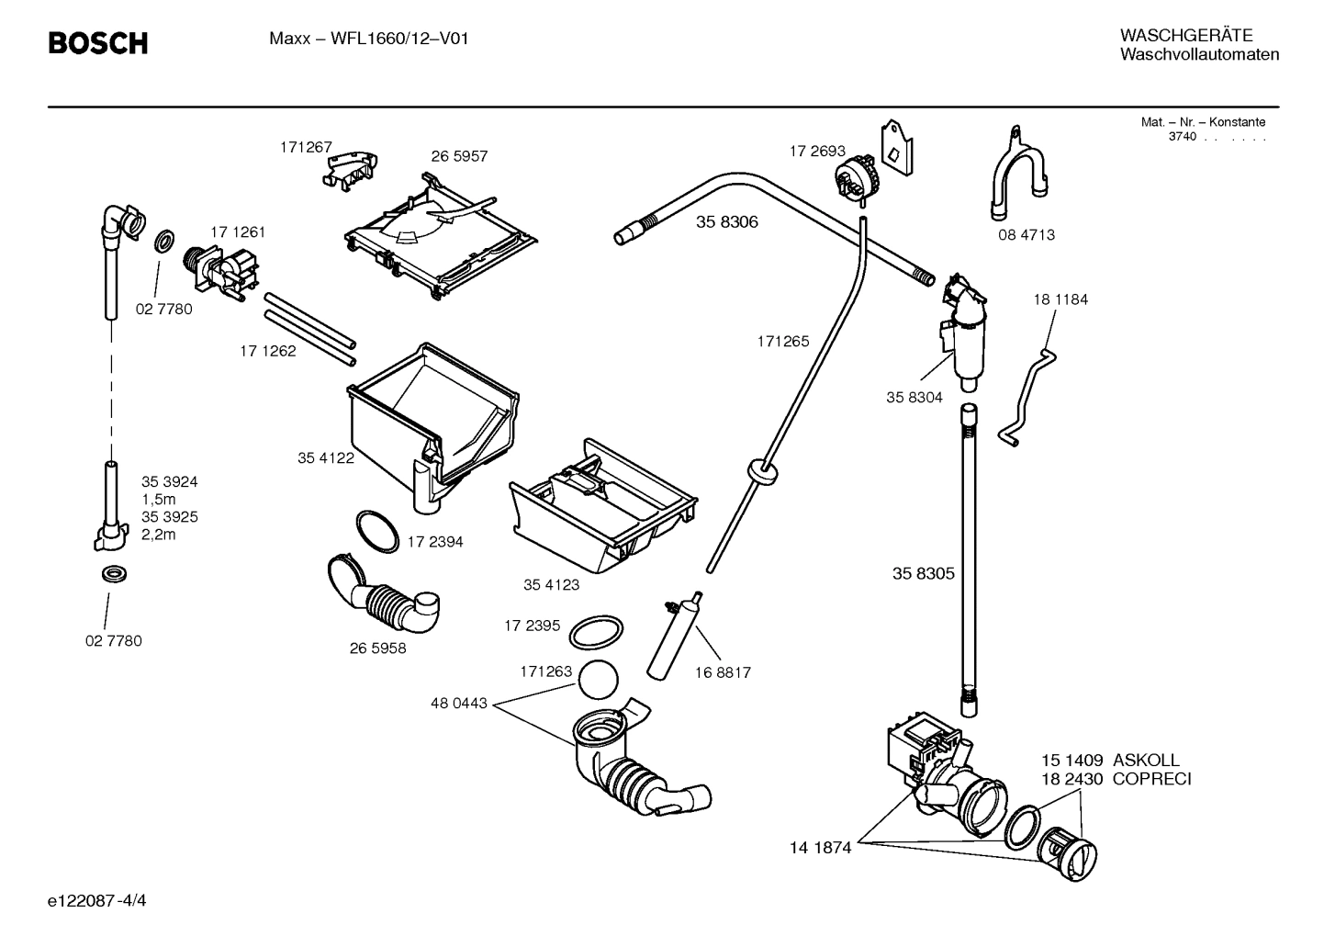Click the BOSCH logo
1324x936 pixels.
click(97, 43)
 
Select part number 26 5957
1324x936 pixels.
click(459, 156)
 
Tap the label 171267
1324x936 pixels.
click(306, 146)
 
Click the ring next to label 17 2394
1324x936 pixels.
click(377, 531)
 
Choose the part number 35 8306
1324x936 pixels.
click(727, 221)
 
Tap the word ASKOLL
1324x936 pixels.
click(1146, 761)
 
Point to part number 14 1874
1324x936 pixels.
click(820, 848)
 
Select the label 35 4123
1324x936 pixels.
click(551, 584)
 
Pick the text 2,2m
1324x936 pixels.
click(158, 535)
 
